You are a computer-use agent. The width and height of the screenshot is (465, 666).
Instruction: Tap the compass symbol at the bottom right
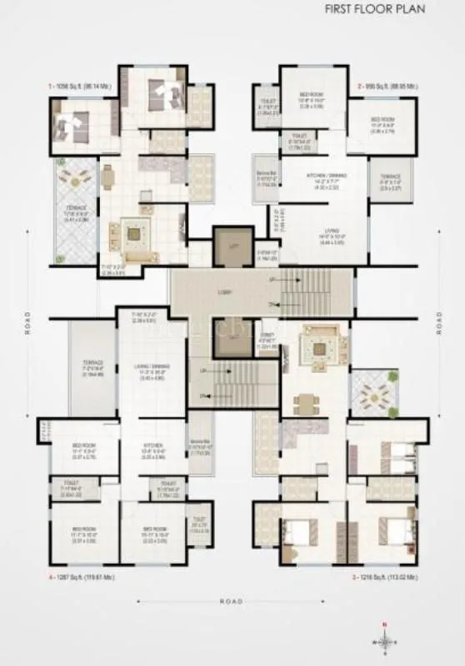point(383,642)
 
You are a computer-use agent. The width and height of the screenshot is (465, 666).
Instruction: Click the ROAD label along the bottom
point(232,600)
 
